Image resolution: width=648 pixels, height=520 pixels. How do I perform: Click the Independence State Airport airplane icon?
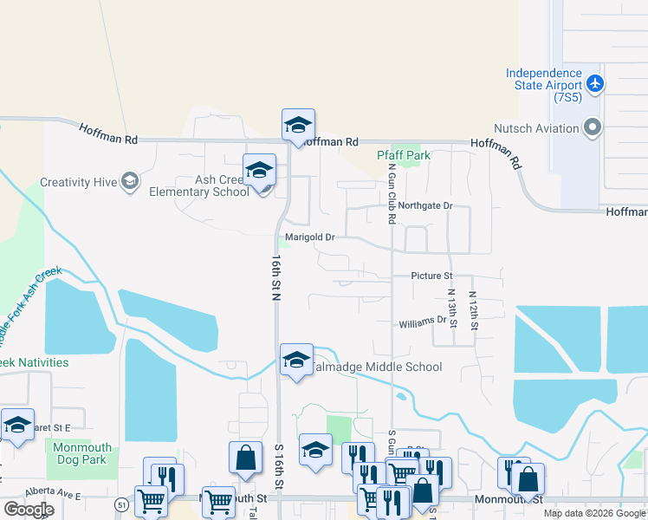594,84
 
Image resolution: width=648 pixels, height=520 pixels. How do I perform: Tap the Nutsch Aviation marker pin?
593,128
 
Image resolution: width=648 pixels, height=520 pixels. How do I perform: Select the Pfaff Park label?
403,155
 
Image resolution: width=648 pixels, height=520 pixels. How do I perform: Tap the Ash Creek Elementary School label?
199,185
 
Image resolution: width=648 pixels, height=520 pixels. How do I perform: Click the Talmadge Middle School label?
375,367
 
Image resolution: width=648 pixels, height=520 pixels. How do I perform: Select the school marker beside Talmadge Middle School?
295,360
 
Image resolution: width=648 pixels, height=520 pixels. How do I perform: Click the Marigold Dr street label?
309,237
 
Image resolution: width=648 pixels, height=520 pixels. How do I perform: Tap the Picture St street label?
432,276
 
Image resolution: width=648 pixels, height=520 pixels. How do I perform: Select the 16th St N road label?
276,277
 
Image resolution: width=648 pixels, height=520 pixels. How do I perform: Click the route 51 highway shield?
120,504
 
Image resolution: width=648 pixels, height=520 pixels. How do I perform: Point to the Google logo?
29,509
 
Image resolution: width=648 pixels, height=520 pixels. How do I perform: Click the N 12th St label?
473,310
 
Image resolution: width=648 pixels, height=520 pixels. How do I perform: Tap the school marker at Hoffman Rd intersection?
297,124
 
